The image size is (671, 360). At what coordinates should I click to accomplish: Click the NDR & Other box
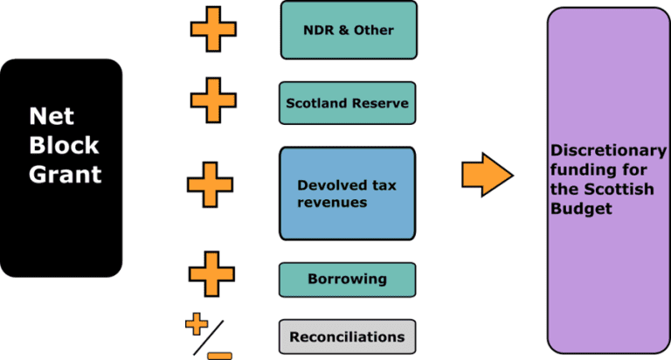pyautogui.click(x=349, y=31)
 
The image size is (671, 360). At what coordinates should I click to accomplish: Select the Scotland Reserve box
pyautogui.click(x=347, y=103)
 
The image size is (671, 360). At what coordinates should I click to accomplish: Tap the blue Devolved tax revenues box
pyautogui.click(x=347, y=193)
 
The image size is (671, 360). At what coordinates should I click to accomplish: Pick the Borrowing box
pyautogui.click(x=347, y=280)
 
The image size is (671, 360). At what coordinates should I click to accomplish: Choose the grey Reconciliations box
pyautogui.click(x=347, y=336)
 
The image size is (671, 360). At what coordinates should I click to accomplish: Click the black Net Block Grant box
pyautogui.click(x=61, y=167)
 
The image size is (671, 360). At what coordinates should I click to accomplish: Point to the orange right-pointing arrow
pyautogui.click(x=487, y=174)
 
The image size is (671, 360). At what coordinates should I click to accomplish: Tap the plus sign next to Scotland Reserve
pyautogui.click(x=214, y=100)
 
